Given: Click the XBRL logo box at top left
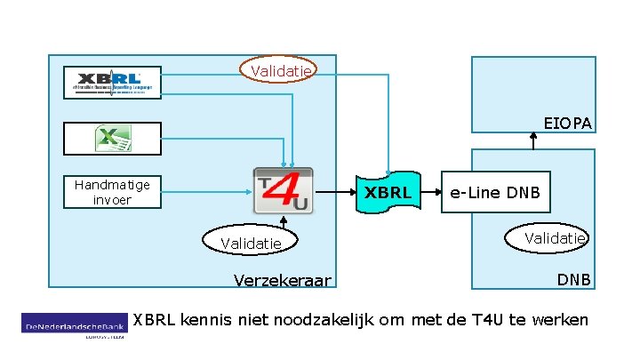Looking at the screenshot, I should click(112, 83).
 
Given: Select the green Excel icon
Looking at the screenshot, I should click(112, 139).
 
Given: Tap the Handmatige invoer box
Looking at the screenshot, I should click(112, 192).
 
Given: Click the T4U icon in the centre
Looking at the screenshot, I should click(283, 190).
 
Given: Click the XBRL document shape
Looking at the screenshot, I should click(388, 191).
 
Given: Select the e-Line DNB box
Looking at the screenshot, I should click(495, 192).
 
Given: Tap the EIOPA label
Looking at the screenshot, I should click(568, 123).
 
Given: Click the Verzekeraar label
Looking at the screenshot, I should click(282, 281).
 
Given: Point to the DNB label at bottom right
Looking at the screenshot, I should click(574, 279).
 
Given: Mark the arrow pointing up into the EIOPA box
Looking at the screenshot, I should click(532, 140).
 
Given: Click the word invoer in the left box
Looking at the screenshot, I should click(112, 200).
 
